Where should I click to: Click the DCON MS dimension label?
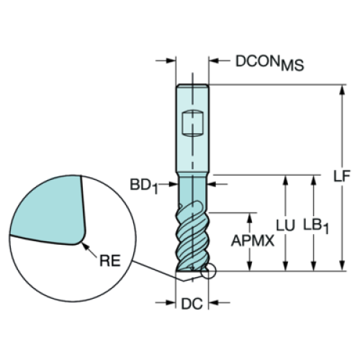tap(269, 63)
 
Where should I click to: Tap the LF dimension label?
tap(342, 176)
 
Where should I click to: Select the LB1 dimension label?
tap(316, 226)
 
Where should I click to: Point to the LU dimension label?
tap(285, 225)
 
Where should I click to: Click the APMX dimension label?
tap(253, 240)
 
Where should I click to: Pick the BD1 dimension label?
tap(144, 186)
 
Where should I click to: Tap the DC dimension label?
tap(192, 304)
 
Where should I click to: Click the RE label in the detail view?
tap(110, 261)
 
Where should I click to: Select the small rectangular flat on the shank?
tap(192, 123)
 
